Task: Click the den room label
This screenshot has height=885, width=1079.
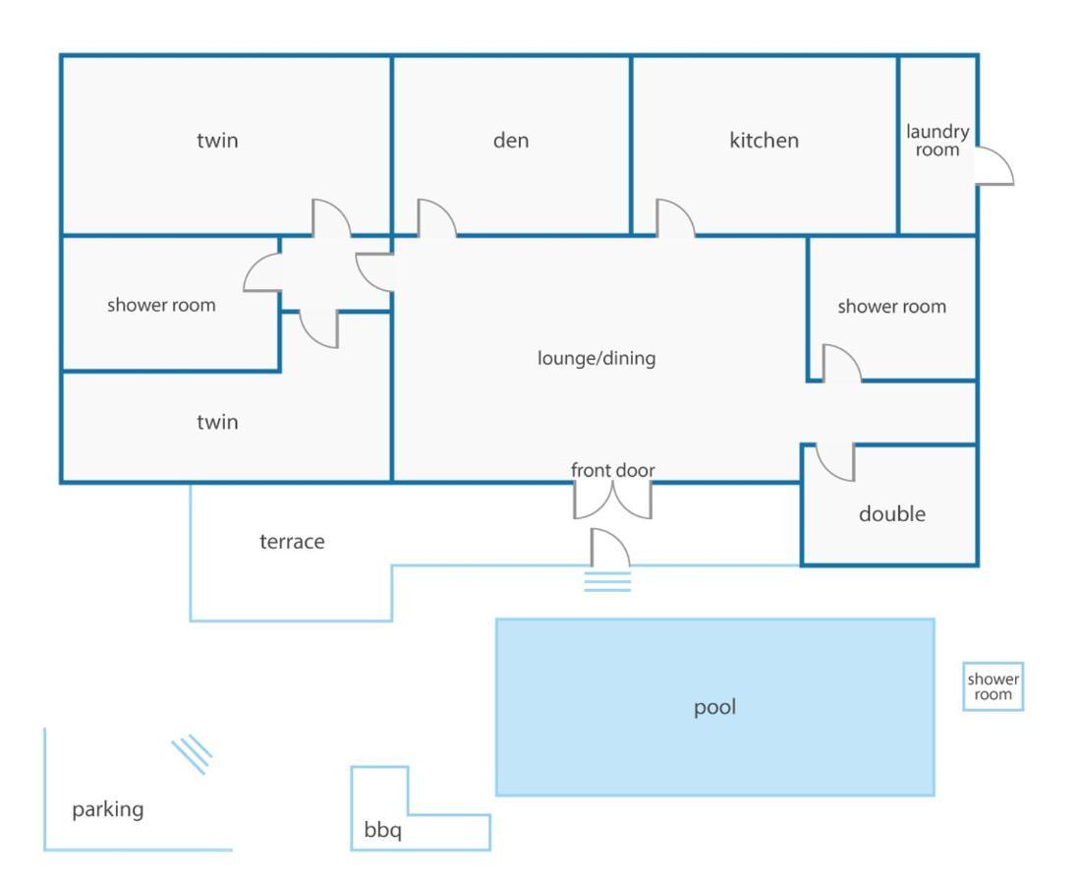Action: coord(511,141)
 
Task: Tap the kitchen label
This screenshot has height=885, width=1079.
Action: coord(764,141)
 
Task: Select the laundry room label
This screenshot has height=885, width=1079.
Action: coord(937,141)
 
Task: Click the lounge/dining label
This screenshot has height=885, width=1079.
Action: coord(596,358)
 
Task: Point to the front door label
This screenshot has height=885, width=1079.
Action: coord(612,470)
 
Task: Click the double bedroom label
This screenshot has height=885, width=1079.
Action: coord(892,513)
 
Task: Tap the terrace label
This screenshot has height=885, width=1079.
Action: coord(292,542)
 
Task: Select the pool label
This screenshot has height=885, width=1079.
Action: coord(715,707)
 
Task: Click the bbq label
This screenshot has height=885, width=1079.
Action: coord(382,830)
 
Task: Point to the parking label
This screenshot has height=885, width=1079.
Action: coord(108,809)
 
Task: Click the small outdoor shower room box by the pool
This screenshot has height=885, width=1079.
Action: coord(993,686)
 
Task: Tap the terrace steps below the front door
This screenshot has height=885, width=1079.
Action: coord(607,582)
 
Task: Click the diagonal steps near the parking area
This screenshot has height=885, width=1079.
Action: coord(192,755)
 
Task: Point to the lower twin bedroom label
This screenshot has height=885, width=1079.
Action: coord(217,422)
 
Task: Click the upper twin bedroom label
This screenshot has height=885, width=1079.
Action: coord(217,141)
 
